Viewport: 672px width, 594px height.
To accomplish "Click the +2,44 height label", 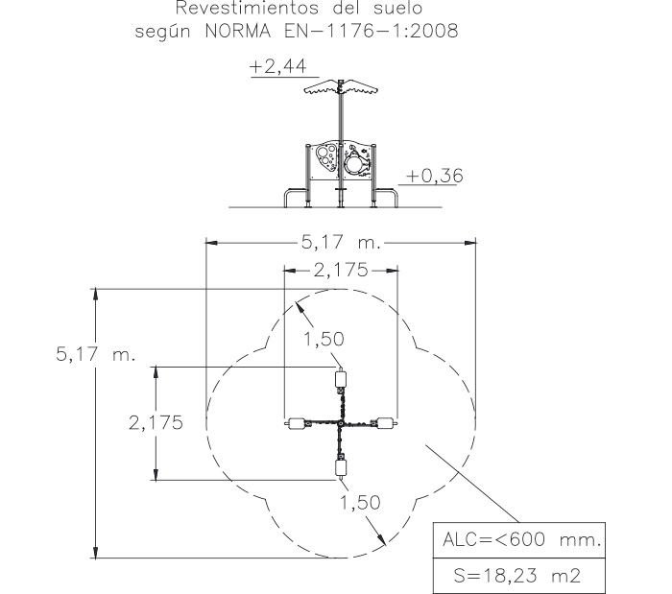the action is click(278, 67).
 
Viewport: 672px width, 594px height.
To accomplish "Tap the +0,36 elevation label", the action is click(435, 176).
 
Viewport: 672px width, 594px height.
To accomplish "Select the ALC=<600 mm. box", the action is click(519, 540).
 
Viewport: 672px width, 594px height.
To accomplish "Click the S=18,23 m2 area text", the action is click(517, 575).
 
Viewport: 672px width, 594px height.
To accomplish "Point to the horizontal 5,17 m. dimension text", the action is click(341, 243).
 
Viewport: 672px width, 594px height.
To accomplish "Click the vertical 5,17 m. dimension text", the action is click(96, 354).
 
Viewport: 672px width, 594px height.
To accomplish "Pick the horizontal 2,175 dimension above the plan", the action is click(341, 271).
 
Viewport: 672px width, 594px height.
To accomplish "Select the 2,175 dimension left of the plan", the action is click(156, 422).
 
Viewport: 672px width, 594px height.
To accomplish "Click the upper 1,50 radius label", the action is click(324, 339).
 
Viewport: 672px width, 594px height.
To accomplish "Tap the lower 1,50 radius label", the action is click(360, 502).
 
